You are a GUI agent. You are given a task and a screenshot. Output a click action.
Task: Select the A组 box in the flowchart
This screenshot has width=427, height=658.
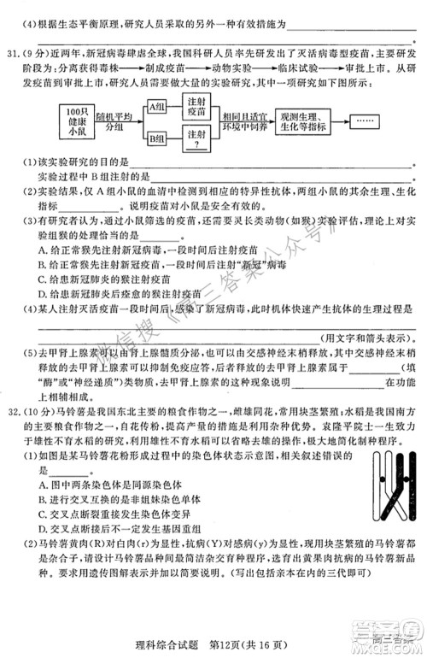pos(156,107)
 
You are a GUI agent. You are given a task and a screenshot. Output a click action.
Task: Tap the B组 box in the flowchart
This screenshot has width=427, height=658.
pos(156,137)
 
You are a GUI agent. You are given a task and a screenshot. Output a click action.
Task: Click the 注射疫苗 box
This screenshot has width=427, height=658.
pos(195,106)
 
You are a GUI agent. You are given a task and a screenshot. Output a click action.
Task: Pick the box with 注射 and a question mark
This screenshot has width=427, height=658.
pos(195,137)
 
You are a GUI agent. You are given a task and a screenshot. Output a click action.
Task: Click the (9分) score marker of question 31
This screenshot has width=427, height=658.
pos(38,50)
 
